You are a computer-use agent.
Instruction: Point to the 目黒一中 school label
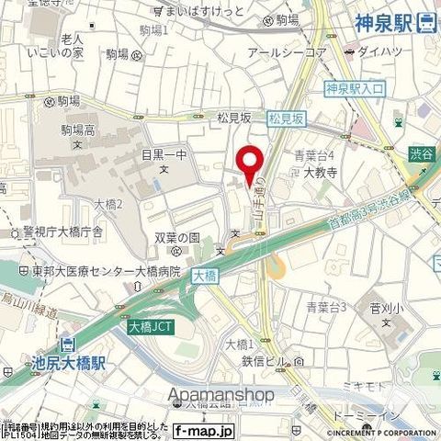click(x=165, y=155)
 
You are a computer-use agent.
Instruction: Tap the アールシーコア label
click(x=287, y=53)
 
